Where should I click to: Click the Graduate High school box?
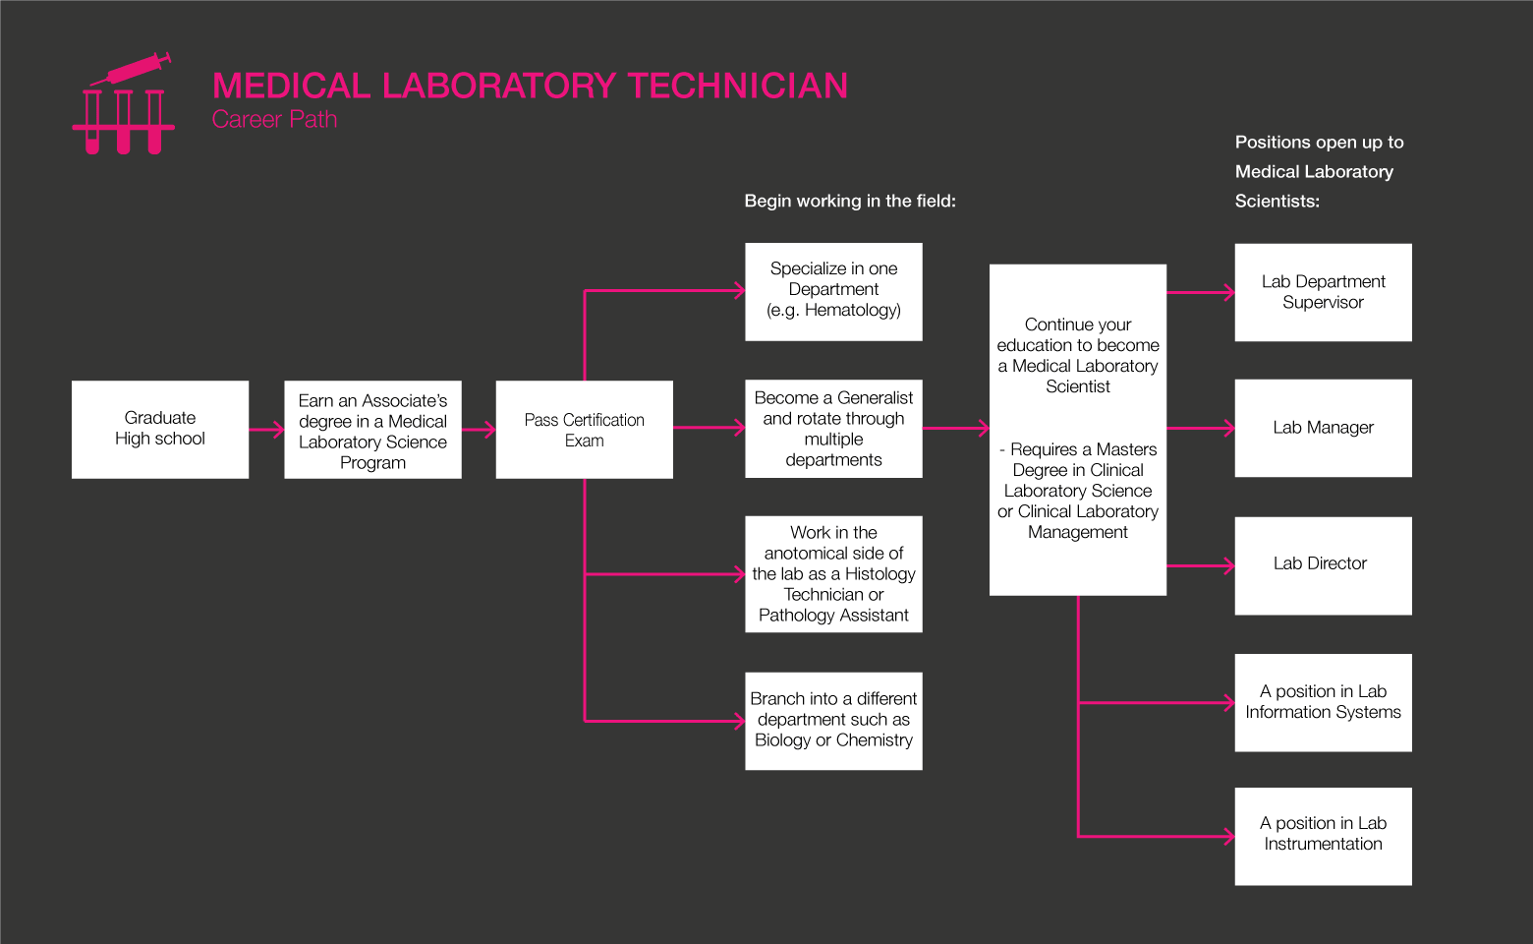point(160,429)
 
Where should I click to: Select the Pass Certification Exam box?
point(584,430)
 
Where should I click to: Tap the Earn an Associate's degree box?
point(372,430)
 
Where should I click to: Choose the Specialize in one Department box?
point(833,291)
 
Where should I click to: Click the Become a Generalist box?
point(833,429)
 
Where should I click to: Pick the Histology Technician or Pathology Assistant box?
point(833,574)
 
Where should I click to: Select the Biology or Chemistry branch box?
point(833,721)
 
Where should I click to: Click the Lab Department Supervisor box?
point(1323,292)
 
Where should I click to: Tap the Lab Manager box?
point(1323,428)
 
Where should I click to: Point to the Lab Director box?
point(1323,565)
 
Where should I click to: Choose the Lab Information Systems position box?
point(1323,702)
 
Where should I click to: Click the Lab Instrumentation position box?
point(1323,836)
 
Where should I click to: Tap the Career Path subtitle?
point(274,120)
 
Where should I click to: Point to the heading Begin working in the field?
point(850,202)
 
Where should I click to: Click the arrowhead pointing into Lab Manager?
point(1228,429)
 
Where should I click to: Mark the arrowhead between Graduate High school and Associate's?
point(278,430)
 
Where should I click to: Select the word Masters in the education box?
point(1126,449)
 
